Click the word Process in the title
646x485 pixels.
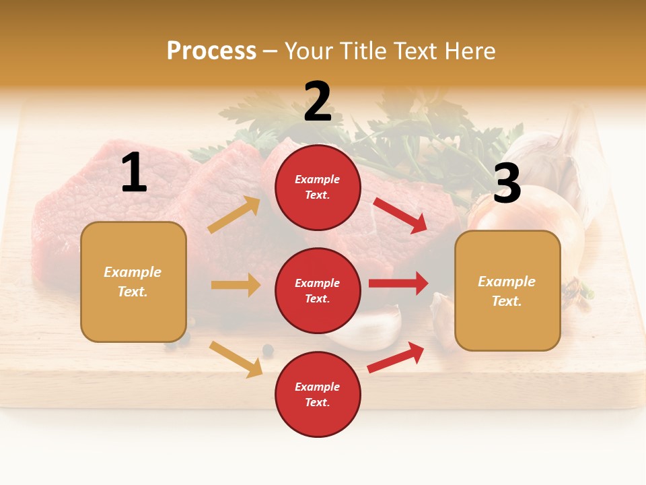point(211,51)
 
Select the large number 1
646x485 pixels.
point(134,173)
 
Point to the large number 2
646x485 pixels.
point(318,102)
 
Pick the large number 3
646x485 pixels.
point(507,183)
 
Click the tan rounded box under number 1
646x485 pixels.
point(133,282)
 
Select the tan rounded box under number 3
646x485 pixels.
point(507,290)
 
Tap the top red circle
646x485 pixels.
point(318,187)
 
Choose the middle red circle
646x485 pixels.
point(318,290)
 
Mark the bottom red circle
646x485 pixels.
point(318,394)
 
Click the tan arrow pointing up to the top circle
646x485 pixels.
point(234,215)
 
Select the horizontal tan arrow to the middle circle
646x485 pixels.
point(236,285)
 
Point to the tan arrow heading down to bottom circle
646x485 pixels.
point(236,358)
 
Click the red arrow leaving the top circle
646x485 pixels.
point(400,215)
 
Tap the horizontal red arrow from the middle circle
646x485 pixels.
point(398,283)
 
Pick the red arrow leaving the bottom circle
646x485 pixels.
point(396,357)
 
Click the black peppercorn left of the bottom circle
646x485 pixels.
point(268,350)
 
